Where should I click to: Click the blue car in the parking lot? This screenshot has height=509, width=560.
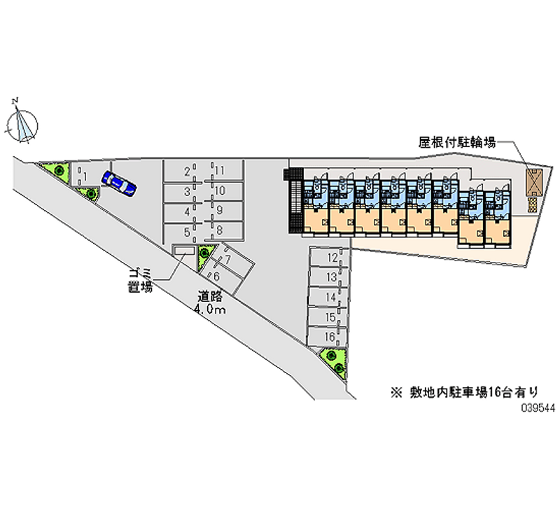click(x=118, y=183)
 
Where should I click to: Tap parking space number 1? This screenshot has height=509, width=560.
click(x=85, y=176)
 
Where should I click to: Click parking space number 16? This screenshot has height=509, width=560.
click(x=330, y=337)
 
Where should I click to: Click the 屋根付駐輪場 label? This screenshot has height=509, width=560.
click(x=457, y=143)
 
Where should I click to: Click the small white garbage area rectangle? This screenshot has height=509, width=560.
click(x=184, y=251)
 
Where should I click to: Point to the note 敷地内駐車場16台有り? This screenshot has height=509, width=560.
click(x=466, y=392)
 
